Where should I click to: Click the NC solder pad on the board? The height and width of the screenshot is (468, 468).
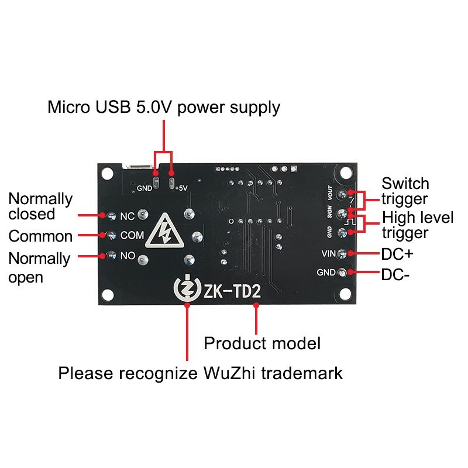tap(111, 216)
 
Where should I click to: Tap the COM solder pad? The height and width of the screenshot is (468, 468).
tap(111, 236)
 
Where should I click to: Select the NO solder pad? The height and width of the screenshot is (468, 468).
tap(111, 255)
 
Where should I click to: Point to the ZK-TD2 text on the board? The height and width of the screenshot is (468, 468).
tap(231, 291)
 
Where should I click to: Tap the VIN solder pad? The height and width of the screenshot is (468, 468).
tap(350, 253)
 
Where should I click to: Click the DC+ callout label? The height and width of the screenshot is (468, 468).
tap(397, 254)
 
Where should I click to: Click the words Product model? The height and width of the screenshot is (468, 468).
tap(262, 343)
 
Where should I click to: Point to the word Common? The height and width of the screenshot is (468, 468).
tap(40, 236)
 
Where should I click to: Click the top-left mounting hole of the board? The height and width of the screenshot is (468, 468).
tap(106, 173)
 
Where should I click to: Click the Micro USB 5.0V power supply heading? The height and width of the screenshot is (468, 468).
tap(164, 108)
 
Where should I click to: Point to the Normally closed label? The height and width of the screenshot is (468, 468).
tap(40, 207)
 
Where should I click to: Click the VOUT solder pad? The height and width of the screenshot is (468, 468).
tap(350, 193)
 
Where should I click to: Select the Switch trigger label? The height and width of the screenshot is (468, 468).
tap(405, 191)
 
